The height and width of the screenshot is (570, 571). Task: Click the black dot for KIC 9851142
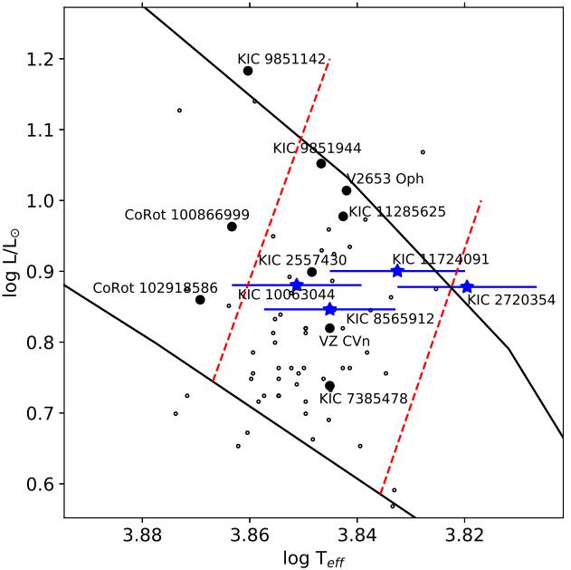(248, 71)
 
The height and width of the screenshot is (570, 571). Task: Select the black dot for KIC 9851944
(321, 164)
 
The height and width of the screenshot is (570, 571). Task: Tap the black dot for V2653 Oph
(347, 190)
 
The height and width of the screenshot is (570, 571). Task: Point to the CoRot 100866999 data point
(232, 227)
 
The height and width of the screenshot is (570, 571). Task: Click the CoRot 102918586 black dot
(200, 300)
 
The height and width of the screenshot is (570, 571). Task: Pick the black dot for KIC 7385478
(330, 386)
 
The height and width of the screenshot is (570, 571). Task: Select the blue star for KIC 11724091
(397, 271)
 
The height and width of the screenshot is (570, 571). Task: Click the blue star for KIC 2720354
(467, 287)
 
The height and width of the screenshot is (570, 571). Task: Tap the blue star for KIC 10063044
(297, 285)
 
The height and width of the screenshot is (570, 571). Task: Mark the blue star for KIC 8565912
(330, 310)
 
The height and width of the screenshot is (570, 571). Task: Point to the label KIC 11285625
(397, 212)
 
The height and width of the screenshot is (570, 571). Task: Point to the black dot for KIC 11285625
(343, 217)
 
